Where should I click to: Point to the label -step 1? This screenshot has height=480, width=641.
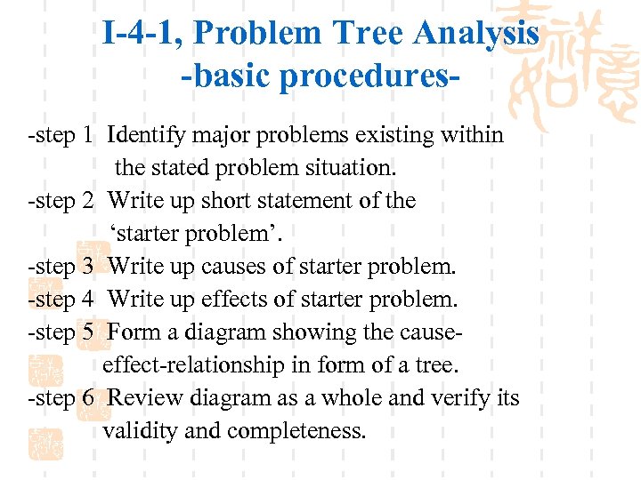pyautogui.click(x=61, y=135)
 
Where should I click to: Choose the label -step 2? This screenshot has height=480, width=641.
pyautogui.click(x=61, y=201)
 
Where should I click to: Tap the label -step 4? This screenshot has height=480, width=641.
pyautogui.click(x=61, y=300)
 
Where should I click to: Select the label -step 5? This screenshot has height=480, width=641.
pyautogui.click(x=61, y=332)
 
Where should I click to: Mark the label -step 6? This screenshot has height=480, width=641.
pyautogui.click(x=61, y=398)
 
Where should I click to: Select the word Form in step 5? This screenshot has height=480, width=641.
pyautogui.click(x=134, y=332)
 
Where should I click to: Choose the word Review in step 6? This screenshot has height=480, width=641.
pyautogui.click(x=143, y=398)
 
